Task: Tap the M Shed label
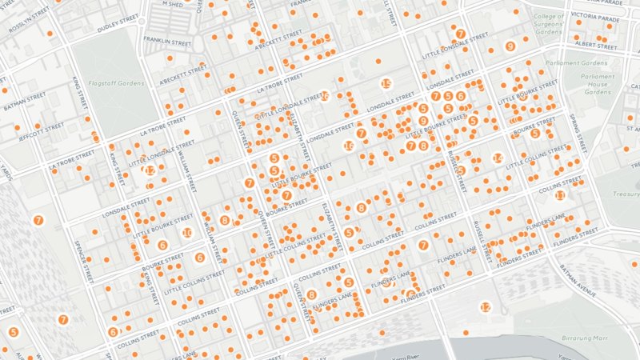click(x=172, y=3)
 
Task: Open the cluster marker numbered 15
click(x=386, y=84)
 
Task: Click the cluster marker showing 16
click(x=349, y=146)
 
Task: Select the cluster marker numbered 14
click(x=497, y=158)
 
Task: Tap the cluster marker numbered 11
click(x=560, y=195)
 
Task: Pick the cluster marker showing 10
click(x=186, y=233)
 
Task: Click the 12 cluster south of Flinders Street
click(x=485, y=307)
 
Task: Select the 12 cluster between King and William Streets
click(x=150, y=170)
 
